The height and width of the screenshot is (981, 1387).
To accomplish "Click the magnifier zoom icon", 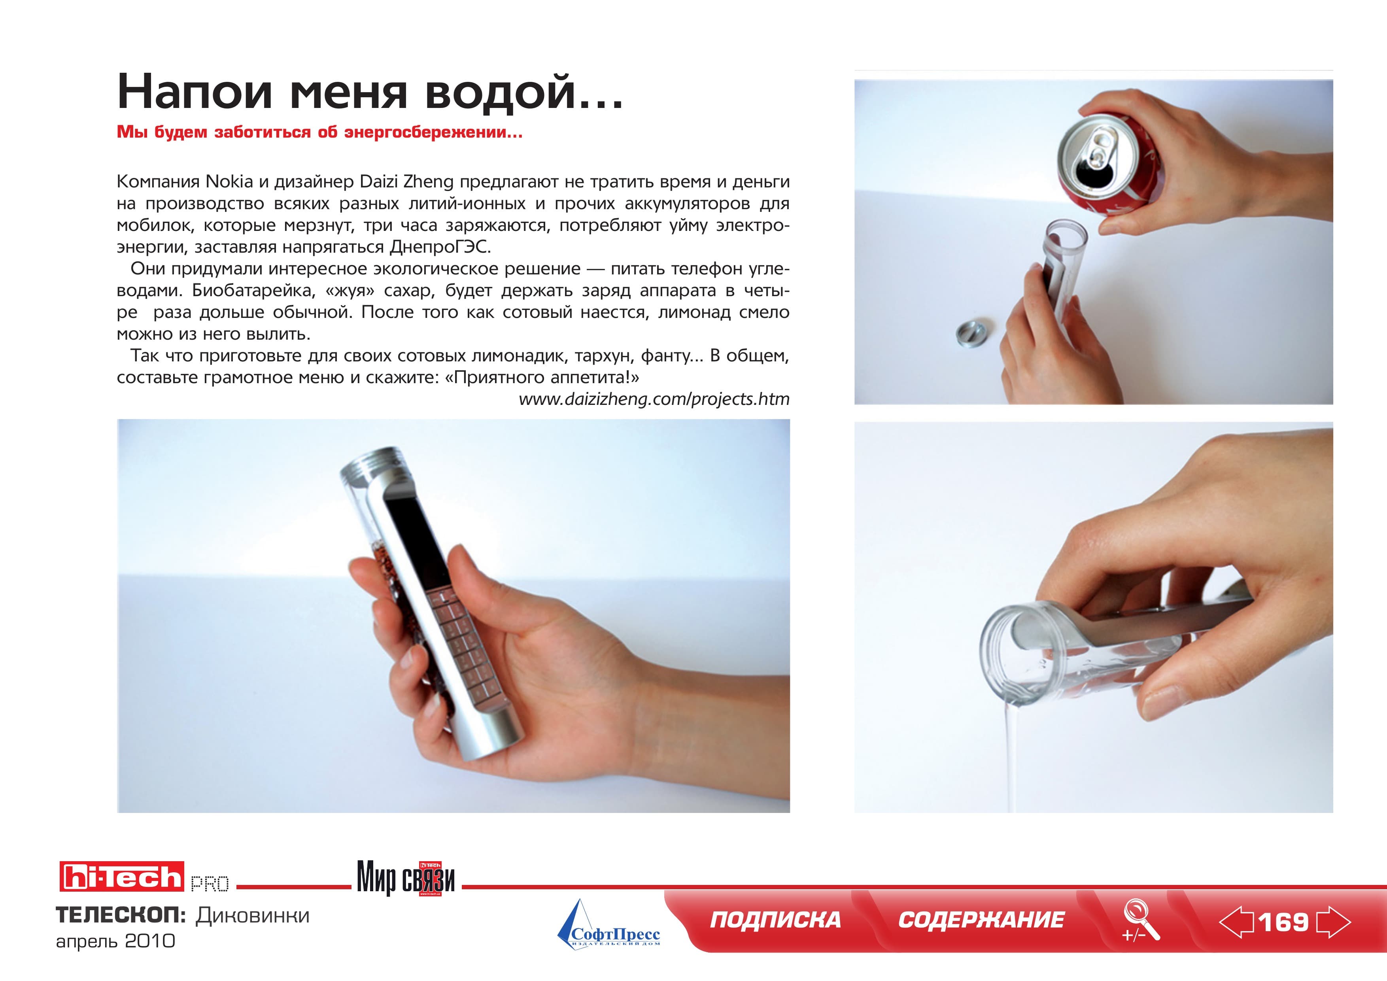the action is click(x=1141, y=920).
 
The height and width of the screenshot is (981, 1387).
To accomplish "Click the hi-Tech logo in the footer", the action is click(x=122, y=877).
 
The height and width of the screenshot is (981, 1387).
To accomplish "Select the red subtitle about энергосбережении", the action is click(x=319, y=132).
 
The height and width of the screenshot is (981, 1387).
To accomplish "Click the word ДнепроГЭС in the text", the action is click(x=440, y=247).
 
